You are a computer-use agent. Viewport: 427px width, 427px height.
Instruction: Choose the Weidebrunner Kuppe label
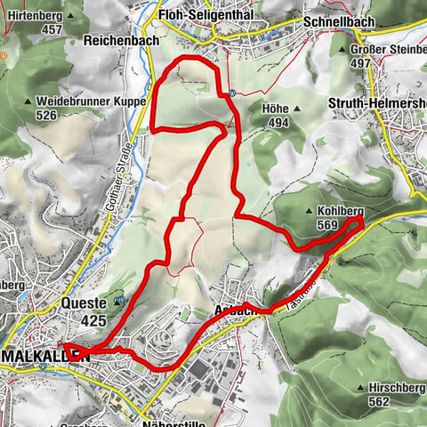click(x=92, y=102)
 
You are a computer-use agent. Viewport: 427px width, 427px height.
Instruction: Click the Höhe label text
click(x=277, y=109)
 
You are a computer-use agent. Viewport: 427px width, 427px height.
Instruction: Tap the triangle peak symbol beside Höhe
click(x=298, y=109)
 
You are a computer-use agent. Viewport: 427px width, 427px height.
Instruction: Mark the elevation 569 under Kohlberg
click(x=326, y=225)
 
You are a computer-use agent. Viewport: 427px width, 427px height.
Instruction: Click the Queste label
click(x=86, y=302)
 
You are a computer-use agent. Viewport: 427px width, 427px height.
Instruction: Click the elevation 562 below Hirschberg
click(x=379, y=401)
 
